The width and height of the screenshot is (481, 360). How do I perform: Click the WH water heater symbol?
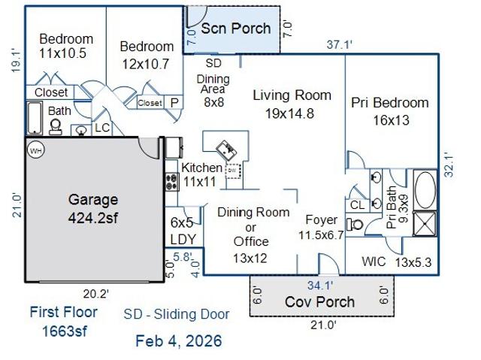[x=36, y=150]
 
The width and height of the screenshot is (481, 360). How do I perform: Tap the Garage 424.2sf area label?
[x=93, y=208]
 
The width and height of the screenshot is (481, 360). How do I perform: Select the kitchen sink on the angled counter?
[x=226, y=150]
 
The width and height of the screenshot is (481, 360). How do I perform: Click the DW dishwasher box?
[x=233, y=171]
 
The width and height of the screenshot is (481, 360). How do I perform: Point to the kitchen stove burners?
[x=172, y=182]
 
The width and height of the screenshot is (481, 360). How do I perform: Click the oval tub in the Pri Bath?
[x=425, y=190]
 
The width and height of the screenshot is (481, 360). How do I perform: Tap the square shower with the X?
[x=425, y=223]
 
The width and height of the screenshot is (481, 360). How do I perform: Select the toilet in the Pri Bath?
[x=355, y=225]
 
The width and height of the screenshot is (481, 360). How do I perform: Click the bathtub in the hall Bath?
[x=35, y=118]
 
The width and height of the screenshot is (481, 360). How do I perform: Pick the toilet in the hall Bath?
[x=56, y=127]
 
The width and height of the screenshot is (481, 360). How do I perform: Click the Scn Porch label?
[x=235, y=29]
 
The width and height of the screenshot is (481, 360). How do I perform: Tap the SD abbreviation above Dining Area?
[x=213, y=63]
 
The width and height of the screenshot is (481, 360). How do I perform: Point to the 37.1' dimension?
[x=339, y=45]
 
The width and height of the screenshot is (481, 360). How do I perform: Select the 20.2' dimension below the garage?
[x=96, y=294]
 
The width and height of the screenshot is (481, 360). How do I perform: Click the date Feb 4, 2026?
[x=179, y=341]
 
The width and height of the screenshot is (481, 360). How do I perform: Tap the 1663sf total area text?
[x=64, y=331]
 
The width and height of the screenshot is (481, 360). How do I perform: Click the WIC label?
[x=374, y=262]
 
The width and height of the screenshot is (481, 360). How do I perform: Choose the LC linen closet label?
[x=102, y=128]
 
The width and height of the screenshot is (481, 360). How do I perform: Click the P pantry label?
[x=174, y=102]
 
